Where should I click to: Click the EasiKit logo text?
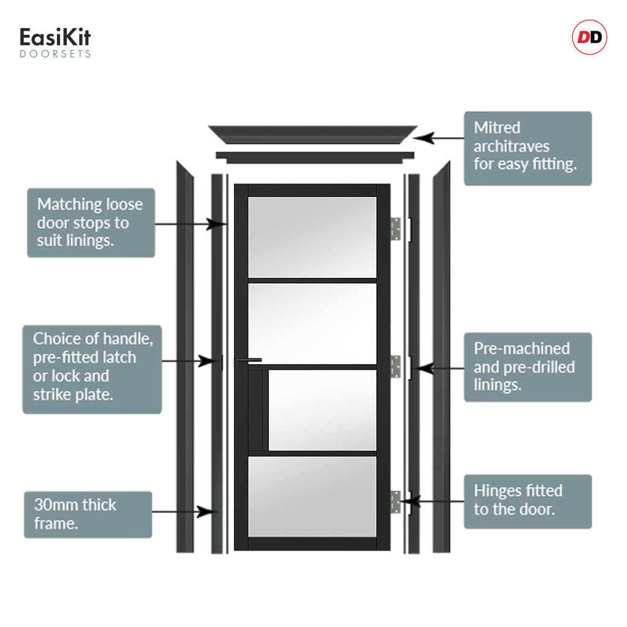[x=55, y=37]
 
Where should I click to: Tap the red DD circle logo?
[x=590, y=37]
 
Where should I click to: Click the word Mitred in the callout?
[x=497, y=127]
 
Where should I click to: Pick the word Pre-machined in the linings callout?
[x=522, y=348]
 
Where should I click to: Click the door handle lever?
[x=249, y=360]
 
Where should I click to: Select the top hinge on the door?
[x=396, y=229]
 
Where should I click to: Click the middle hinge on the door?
[x=396, y=366]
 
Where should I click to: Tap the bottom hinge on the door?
[x=396, y=502]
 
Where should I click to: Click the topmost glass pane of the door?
[x=312, y=237]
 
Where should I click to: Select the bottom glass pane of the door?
[x=312, y=497]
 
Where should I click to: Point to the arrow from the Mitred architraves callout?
[x=438, y=138]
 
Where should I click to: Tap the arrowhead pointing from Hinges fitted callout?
[x=410, y=501]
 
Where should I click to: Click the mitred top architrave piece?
[x=313, y=135]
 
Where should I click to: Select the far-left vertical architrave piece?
[x=185, y=357]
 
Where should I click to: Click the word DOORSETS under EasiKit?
[x=55, y=54]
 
